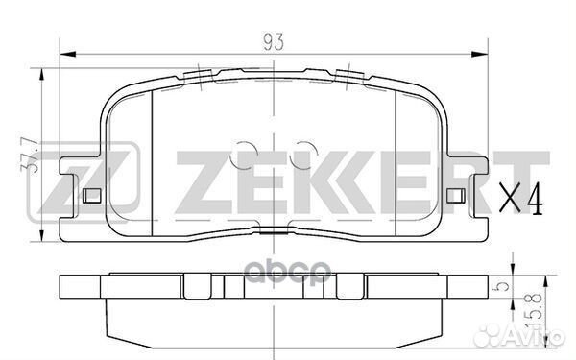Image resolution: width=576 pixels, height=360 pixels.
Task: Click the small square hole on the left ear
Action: pos(92,197)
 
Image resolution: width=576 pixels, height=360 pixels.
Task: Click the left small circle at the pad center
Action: pos(249,152)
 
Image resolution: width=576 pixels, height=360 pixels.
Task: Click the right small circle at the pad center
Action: pos(304,152)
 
